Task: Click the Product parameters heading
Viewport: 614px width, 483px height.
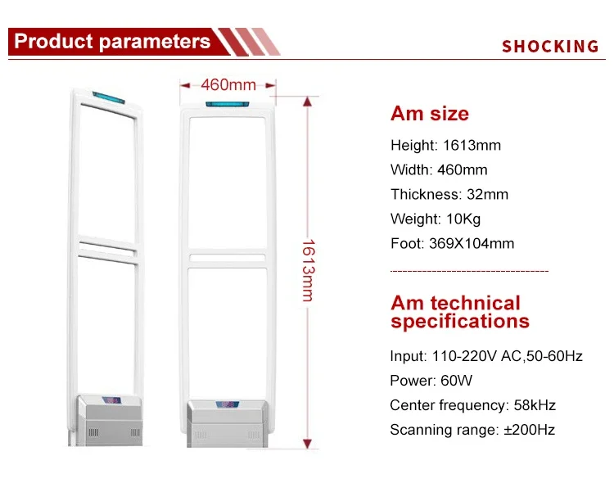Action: click(112, 42)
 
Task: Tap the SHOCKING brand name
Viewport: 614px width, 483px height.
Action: click(550, 47)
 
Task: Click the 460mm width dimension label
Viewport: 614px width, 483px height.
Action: click(228, 84)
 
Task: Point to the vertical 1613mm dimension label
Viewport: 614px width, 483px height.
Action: click(308, 269)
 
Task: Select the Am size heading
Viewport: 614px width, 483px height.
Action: click(429, 114)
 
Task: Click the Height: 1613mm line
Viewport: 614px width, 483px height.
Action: click(445, 146)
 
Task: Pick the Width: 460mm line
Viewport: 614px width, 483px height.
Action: click(439, 170)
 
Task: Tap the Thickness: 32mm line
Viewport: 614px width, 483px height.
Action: click(449, 194)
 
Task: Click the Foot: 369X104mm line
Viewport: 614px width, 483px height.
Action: click(452, 243)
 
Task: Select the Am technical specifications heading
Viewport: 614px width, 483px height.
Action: click(459, 313)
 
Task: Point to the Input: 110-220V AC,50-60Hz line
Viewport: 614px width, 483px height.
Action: click(486, 356)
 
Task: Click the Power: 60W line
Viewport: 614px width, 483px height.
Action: click(431, 381)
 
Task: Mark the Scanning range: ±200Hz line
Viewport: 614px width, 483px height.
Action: click(472, 430)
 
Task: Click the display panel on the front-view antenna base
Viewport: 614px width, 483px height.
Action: click(228, 404)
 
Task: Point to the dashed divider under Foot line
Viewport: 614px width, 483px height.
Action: click(469, 270)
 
